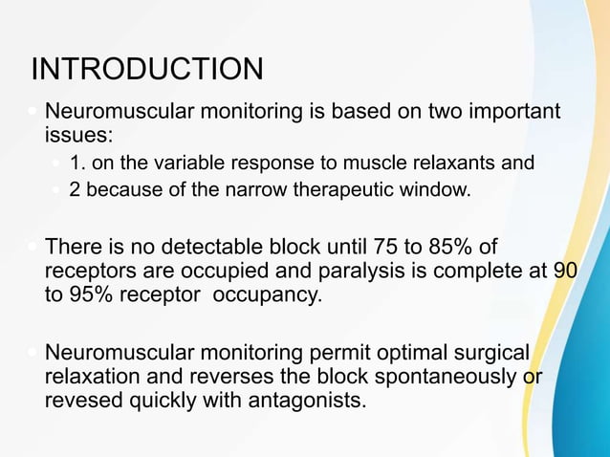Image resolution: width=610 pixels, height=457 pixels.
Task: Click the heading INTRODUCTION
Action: coord(146,70)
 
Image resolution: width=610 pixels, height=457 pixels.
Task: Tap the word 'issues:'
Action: coord(78,137)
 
